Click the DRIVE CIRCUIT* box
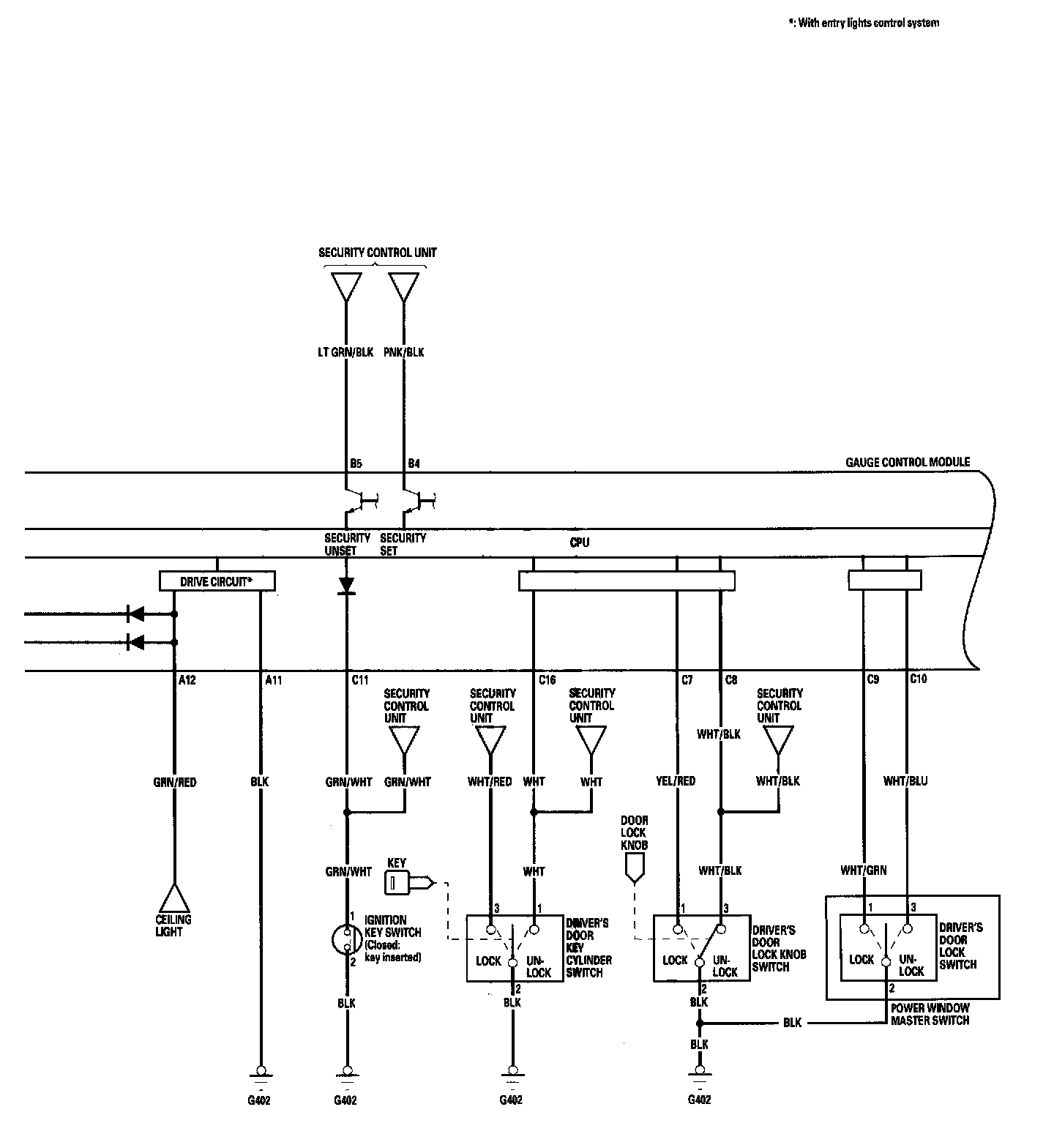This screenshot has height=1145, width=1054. point(217,582)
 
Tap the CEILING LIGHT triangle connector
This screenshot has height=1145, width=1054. point(173,898)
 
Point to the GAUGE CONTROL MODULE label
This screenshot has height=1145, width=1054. point(908,462)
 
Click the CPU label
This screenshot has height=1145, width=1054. point(579,542)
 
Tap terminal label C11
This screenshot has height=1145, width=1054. point(359,680)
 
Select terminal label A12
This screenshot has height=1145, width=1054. point(187,680)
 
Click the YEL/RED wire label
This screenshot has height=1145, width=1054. point(676,781)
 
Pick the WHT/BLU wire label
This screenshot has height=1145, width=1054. point(905,781)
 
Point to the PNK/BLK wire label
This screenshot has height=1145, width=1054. point(404,352)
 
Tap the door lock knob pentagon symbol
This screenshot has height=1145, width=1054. point(634,868)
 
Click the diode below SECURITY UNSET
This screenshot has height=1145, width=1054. point(346,585)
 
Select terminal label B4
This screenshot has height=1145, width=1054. point(414,463)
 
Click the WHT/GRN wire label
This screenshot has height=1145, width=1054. point(864,870)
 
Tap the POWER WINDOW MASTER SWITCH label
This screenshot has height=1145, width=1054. point(930,1014)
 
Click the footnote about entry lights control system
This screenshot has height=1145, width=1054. point(863,23)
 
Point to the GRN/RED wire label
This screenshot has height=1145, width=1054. point(174,782)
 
